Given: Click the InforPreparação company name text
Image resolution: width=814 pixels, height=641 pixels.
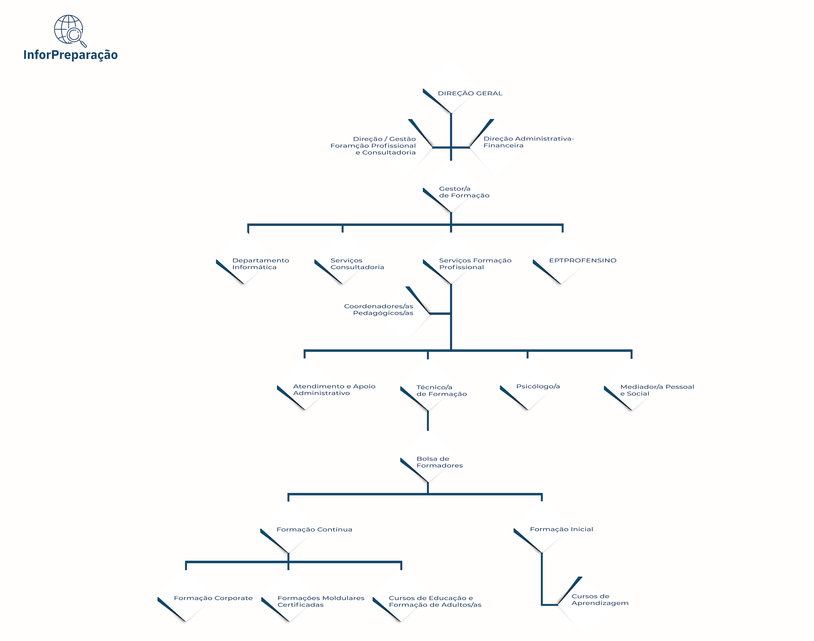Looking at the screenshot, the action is (x=71, y=55).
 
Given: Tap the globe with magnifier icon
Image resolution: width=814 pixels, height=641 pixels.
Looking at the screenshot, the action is (x=70, y=31).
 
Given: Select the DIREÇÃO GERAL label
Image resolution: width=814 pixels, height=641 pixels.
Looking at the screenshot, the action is (x=470, y=93).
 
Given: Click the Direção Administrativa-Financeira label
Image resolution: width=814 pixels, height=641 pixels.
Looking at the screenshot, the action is (x=528, y=142).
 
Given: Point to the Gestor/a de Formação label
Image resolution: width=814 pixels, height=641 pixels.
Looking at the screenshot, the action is (x=464, y=192).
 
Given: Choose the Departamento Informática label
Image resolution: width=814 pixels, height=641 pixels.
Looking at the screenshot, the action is (x=261, y=264).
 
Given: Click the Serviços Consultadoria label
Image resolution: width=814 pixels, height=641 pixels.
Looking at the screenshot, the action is (x=357, y=264).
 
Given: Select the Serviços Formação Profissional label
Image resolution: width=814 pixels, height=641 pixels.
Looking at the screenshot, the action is (x=475, y=264).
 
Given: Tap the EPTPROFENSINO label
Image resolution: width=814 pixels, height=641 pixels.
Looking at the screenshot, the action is (x=582, y=261).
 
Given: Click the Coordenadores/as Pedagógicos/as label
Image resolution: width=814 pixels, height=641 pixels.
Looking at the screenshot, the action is (x=378, y=310).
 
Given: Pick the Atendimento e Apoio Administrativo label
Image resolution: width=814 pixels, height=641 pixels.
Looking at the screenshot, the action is (x=334, y=390).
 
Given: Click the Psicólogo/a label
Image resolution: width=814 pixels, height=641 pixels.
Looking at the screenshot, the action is (x=538, y=387).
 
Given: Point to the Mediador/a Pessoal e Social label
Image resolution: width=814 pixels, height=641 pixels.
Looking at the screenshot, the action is (x=657, y=390).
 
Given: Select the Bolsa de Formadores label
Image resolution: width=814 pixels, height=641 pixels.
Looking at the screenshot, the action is (x=440, y=462).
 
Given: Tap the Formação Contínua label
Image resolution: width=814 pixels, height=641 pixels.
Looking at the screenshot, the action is (x=314, y=530).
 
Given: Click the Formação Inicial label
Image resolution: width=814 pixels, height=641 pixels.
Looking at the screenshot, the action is (x=562, y=529).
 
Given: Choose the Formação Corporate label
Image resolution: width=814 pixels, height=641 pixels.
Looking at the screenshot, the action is (x=213, y=598).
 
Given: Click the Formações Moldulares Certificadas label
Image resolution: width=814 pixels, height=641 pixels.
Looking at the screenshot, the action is (x=321, y=601).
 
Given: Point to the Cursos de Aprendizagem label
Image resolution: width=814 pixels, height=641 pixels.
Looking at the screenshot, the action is (x=600, y=599).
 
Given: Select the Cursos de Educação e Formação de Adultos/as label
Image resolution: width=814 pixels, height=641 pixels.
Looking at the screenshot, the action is (x=435, y=601).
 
